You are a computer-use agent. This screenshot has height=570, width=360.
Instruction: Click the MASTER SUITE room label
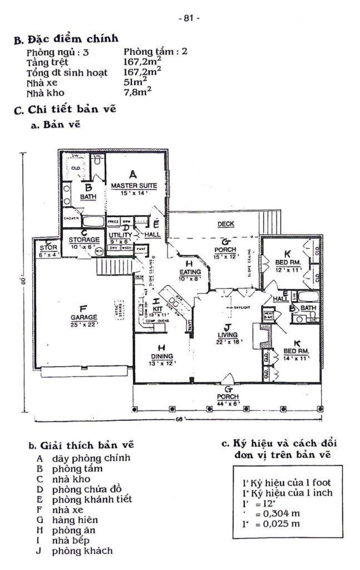[134, 185]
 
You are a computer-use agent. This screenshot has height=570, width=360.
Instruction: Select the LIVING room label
[228, 335]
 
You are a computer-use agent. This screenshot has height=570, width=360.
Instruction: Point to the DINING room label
[161, 356]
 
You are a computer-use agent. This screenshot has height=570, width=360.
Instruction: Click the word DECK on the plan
[226, 224]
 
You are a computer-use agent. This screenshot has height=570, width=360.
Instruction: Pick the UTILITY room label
[120, 235]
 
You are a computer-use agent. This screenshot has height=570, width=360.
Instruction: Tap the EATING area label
[189, 272]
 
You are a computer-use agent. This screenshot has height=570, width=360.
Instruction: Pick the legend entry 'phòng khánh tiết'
[92, 499]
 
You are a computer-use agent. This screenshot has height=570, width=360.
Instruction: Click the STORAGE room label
[84, 239]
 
